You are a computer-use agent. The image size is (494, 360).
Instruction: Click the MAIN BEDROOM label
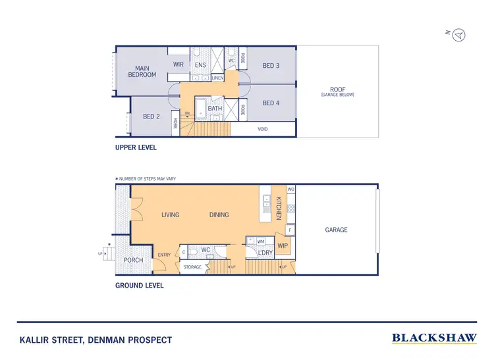click(142, 72)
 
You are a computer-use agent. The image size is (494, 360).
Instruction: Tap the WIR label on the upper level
click(178, 64)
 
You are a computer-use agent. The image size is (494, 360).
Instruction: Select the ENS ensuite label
click(201, 65)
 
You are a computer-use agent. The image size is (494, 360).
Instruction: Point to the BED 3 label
click(271, 65)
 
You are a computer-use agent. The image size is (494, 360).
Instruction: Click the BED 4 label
click(271, 103)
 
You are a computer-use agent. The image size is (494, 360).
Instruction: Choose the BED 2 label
click(151, 116)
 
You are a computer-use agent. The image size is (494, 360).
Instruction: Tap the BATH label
click(215, 109)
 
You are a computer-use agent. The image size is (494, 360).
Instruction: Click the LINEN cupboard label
click(217, 78)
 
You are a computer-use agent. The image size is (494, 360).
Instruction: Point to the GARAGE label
click(336, 230)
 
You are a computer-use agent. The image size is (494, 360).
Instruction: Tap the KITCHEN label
click(279, 208)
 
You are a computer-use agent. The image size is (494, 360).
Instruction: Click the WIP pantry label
click(283, 245)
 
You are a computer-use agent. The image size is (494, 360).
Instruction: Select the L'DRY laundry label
click(265, 253)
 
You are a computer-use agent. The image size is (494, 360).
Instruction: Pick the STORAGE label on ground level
click(192, 267)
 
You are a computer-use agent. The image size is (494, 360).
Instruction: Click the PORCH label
click(134, 260)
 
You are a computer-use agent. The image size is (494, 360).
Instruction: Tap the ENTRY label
click(164, 255)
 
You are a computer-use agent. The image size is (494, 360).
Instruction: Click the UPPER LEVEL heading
click(136, 147)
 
